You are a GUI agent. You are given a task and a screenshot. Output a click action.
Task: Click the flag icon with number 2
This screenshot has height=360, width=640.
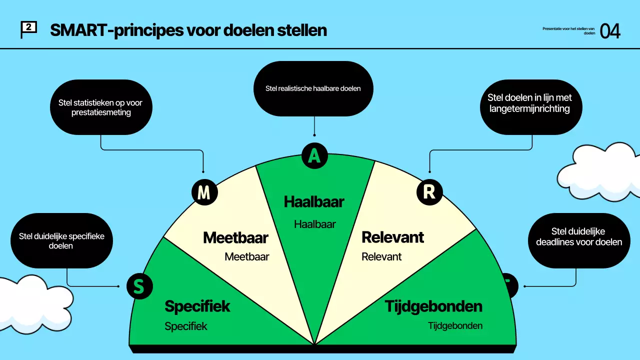pos(28,29)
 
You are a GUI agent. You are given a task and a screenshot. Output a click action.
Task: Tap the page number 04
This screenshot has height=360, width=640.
pos(610,31)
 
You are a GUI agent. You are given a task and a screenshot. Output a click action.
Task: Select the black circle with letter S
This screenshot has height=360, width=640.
pos(139,286)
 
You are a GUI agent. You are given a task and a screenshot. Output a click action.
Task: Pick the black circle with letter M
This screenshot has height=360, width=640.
pos(204,192)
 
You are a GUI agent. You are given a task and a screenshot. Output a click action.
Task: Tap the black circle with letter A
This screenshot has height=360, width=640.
pos(314,155)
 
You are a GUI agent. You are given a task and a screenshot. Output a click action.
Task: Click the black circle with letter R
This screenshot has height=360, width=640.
pos(429,192)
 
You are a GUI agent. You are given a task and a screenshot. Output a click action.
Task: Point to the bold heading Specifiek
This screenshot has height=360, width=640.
pos(197,306)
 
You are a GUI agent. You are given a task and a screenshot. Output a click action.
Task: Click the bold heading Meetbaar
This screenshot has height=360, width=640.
pos(235,237)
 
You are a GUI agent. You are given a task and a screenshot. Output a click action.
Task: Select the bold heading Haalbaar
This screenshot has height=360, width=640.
pos(314,201)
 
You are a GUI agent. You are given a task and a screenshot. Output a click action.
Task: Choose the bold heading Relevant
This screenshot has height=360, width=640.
pos(392,237)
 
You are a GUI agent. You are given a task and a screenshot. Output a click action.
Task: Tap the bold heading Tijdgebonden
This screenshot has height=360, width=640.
pos(433,306)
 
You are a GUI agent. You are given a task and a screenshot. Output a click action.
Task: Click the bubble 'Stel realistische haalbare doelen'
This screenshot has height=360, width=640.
pos(313,88)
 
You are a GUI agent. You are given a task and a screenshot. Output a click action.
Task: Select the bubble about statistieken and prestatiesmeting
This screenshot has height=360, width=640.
pos(100,107)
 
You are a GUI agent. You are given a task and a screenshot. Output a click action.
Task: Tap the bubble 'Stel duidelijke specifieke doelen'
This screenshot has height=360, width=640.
pos(61,240)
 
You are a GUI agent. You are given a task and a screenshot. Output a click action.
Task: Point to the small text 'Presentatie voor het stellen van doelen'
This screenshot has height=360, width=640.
pos(568,31)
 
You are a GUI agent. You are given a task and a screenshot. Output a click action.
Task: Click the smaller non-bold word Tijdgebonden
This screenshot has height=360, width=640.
pos(455,326)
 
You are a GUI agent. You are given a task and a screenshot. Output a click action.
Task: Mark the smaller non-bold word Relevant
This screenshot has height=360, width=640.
pos(381,257)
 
